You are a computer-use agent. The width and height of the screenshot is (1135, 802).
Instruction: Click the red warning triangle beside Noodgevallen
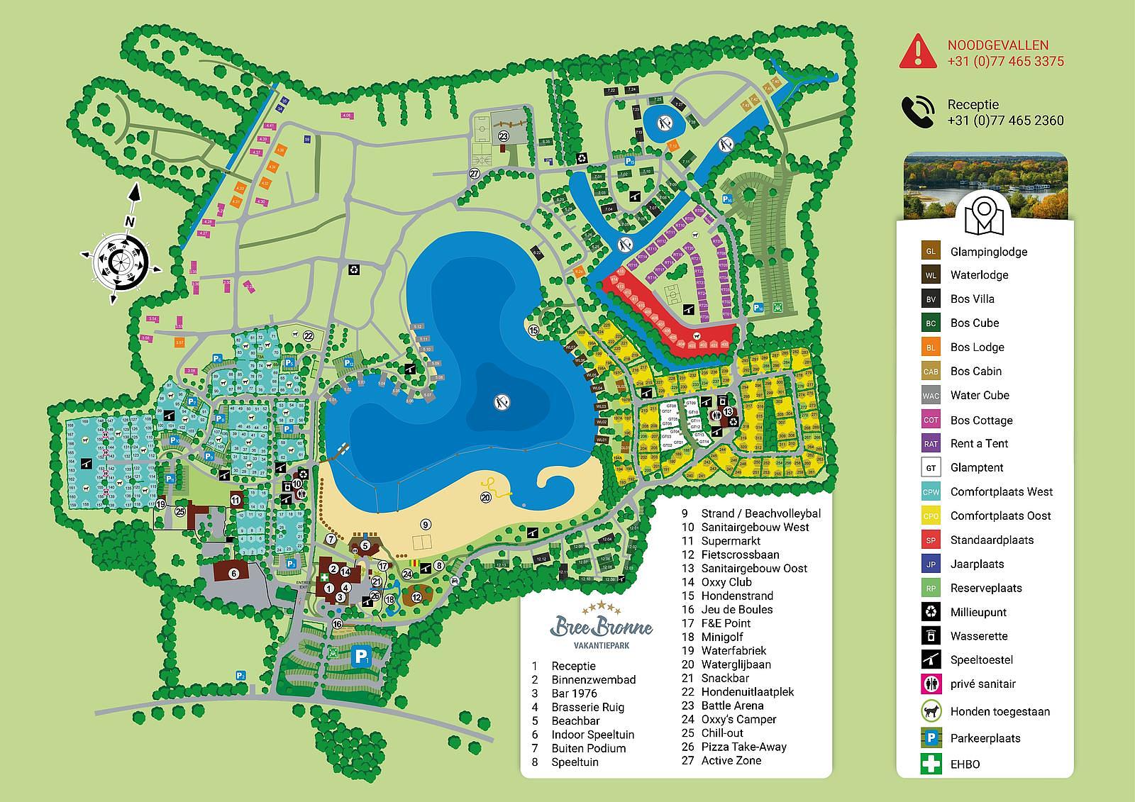pos(917,51)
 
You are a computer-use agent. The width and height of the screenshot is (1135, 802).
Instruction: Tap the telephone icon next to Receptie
pos(917,112)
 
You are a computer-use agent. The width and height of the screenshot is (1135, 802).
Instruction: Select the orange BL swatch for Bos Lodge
pos(931,347)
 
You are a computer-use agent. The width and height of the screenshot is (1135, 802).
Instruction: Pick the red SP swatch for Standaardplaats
pos(931,540)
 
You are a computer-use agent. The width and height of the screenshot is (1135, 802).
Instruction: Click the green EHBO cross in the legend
pos(931,764)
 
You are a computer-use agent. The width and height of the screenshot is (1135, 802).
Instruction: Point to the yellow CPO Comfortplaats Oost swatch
pos(931,516)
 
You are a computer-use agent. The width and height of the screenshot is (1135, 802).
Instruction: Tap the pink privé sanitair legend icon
pos(931,684)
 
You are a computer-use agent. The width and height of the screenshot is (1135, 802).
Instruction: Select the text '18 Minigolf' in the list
pos(717,637)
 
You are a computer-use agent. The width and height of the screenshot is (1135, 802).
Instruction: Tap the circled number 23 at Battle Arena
pos(503,137)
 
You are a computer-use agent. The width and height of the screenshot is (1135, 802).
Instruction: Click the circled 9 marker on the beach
pos(426,525)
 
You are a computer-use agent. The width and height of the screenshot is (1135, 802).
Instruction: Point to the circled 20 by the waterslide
pos(486,498)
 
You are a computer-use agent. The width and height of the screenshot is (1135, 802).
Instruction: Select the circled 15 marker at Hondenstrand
pos(533,330)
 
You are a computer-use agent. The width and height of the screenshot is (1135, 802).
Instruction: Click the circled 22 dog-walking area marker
pos(308,335)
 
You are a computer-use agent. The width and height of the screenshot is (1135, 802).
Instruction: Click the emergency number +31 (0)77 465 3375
pos(1005,62)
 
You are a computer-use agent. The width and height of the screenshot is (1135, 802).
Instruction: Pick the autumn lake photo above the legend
pos(985,186)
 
